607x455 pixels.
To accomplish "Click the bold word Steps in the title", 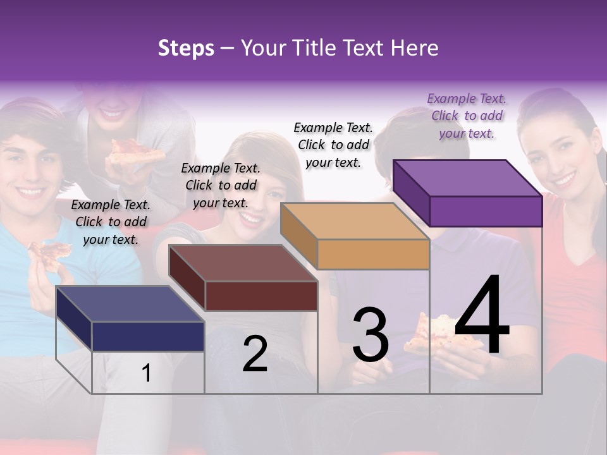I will (186, 48).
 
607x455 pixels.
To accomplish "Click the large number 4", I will (482, 316).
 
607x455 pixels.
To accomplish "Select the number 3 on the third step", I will (371, 335).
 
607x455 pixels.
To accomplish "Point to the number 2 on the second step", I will (255, 354).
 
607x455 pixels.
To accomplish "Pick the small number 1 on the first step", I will (146, 373).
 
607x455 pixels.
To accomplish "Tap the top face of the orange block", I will (355, 221).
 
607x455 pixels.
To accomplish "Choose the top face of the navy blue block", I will (130, 304).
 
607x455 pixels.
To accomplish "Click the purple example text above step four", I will (467, 116).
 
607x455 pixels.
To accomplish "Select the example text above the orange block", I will (333, 145).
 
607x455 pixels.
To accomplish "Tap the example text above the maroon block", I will (221, 185).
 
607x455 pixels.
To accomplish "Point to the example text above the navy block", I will (111, 222).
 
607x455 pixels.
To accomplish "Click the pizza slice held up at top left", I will (135, 151).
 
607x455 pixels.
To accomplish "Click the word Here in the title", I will (414, 48).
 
